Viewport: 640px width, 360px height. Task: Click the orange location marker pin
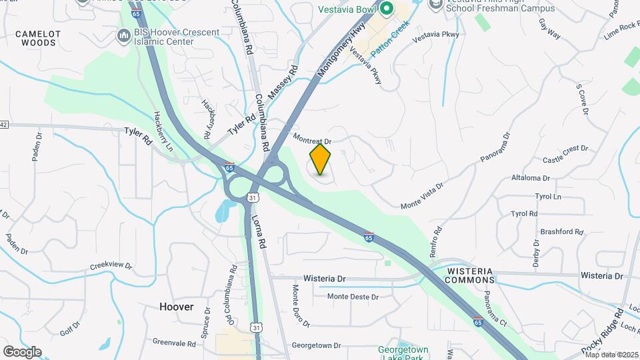pos(321,159)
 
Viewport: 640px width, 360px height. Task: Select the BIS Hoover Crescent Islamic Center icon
pos(123,35)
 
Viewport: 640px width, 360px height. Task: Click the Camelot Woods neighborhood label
pos(37,38)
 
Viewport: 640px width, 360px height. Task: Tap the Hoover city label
pos(177,307)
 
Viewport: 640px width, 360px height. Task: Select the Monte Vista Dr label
pos(421,197)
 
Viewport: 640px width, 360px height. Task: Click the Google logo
pos(22,351)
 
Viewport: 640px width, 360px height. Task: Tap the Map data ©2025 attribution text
pos(611,355)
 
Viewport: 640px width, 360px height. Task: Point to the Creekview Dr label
pos(111,266)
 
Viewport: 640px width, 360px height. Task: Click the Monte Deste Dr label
pos(353,297)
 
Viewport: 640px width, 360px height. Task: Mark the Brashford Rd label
pos(562,232)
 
